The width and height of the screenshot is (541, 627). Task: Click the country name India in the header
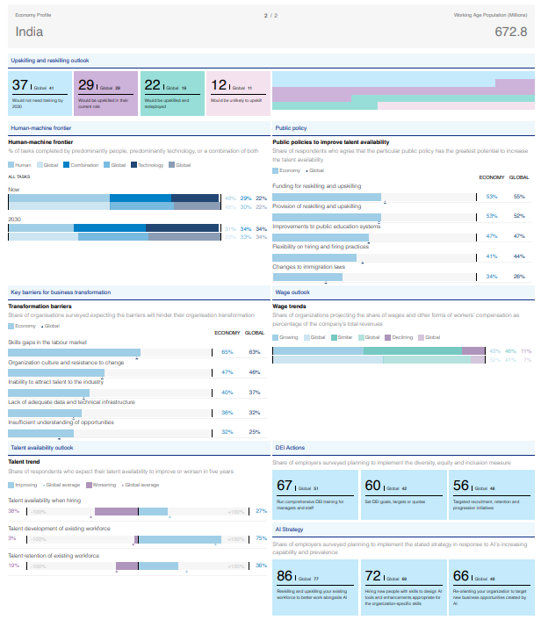click(30, 32)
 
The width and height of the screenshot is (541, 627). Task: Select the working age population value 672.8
click(510, 32)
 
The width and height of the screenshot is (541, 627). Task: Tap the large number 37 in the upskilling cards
click(20, 85)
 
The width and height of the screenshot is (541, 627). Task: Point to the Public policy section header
click(291, 127)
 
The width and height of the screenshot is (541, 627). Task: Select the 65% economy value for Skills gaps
click(227, 352)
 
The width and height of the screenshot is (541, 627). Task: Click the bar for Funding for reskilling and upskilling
click(327, 197)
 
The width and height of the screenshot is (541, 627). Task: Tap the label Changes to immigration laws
click(308, 267)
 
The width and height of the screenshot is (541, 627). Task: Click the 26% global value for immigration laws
click(519, 277)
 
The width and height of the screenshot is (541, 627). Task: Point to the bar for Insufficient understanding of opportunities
click(41, 432)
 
